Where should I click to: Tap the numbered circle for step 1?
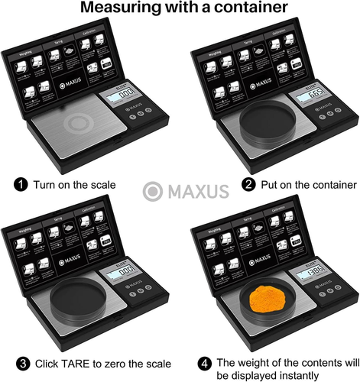pyautogui.click(x=21, y=184)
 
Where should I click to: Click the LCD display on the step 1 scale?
pyautogui.click(x=126, y=92)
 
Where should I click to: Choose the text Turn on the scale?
pyautogui.click(x=75, y=184)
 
